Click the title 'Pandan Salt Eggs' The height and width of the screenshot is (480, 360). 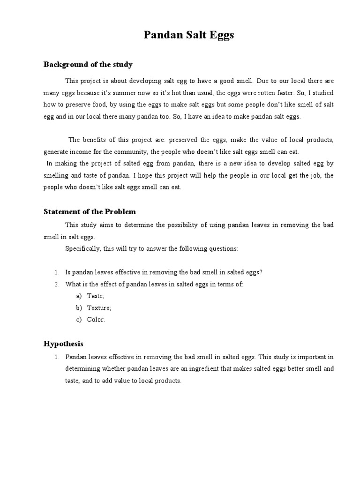188,36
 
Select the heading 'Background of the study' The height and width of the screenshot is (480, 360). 88,65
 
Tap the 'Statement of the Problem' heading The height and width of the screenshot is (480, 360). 90,212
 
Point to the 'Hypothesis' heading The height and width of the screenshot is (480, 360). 63,344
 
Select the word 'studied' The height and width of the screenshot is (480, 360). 323,93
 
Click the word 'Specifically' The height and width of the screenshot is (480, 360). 82,249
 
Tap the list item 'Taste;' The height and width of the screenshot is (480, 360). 96,296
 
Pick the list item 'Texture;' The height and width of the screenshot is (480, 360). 99,308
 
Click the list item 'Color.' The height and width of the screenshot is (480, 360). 96,320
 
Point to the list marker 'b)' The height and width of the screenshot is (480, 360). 78,308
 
